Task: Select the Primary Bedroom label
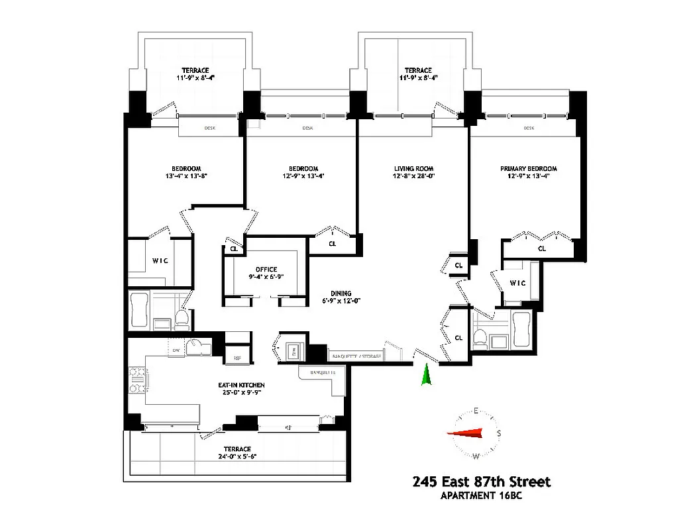tap(528, 169)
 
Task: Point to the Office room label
tap(266, 269)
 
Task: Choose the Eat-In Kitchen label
tap(242, 385)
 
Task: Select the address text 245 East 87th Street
tap(481, 482)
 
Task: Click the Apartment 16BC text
tap(482, 495)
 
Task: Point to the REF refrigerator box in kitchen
tap(238, 358)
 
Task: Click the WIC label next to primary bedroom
tap(517, 284)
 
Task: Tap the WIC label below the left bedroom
tap(160, 261)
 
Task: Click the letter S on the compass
tap(498, 433)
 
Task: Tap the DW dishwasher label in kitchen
tap(176, 350)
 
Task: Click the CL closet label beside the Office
tap(233, 249)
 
